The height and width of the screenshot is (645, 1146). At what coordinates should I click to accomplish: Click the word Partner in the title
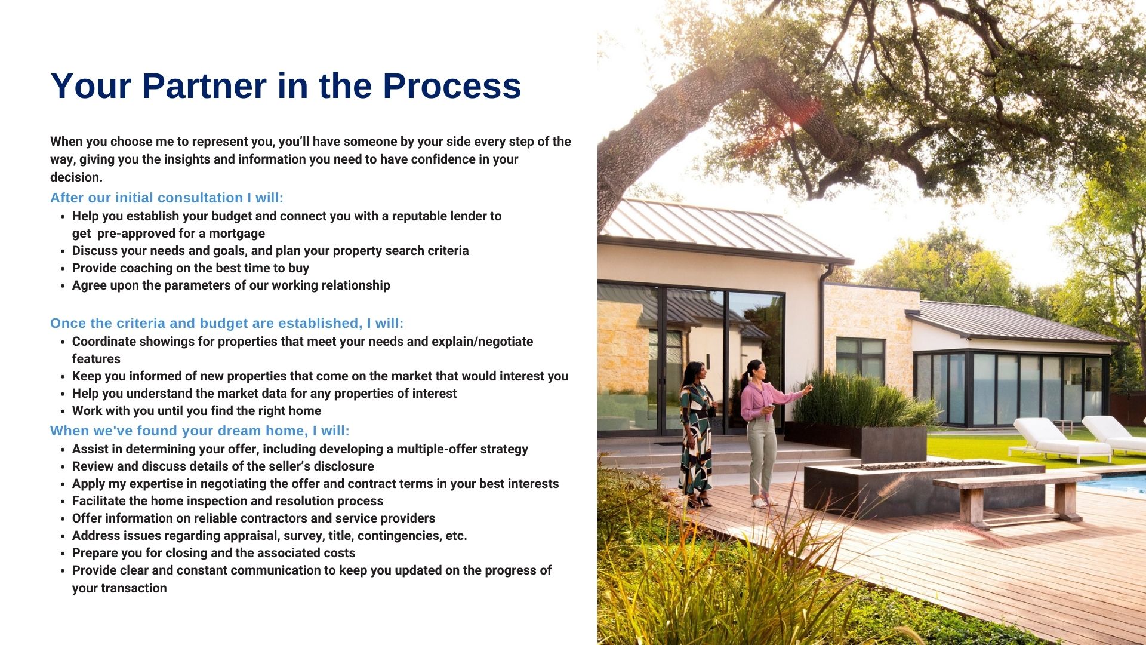(205, 85)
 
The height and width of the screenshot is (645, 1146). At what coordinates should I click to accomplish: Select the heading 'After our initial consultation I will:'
(167, 198)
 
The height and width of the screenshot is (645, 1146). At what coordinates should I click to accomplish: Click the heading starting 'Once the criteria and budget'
(227, 323)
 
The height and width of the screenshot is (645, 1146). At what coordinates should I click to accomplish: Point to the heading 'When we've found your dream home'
(200, 431)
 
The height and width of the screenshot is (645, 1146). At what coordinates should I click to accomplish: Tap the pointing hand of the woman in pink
(808, 388)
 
